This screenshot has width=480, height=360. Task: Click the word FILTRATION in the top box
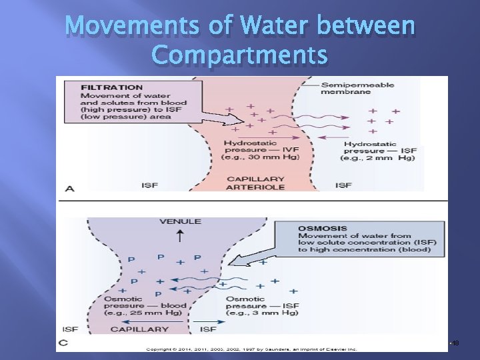point(112,87)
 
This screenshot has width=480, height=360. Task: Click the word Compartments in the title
point(239,55)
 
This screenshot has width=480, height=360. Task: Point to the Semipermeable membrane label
point(357,89)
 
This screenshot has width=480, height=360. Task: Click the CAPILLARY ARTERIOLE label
point(256,183)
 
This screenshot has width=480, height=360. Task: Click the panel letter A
point(69,189)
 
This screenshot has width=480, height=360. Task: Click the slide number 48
point(455,343)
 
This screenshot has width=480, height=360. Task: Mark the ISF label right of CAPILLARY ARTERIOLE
point(344,184)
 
